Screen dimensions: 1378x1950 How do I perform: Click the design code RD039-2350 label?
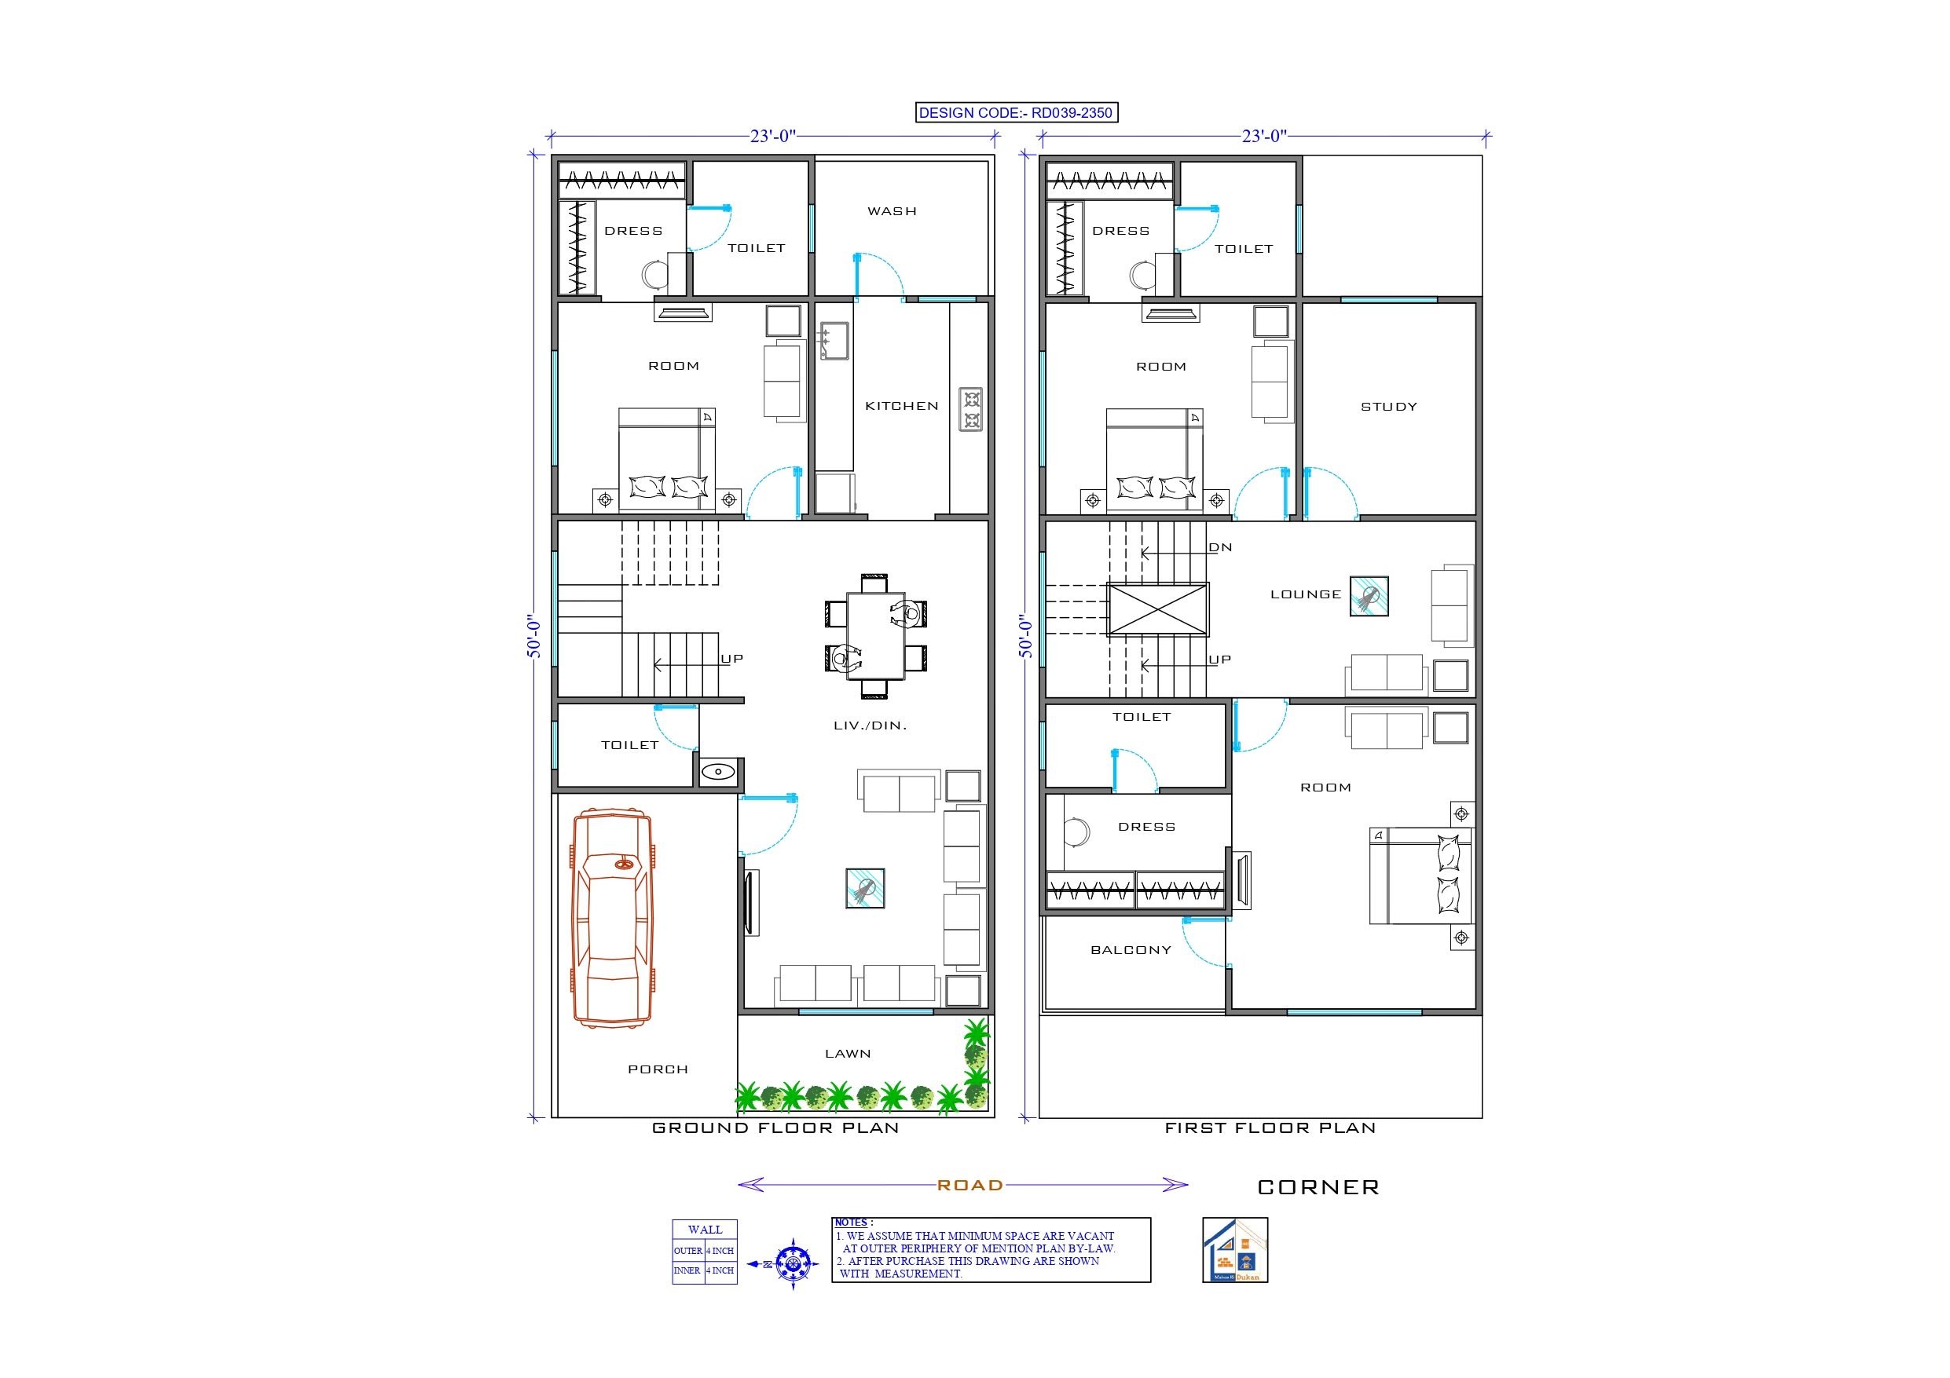(1016, 113)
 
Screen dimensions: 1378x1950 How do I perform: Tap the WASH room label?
(892, 211)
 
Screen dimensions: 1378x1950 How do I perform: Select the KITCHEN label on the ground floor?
(901, 406)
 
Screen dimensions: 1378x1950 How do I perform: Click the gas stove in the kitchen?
(971, 409)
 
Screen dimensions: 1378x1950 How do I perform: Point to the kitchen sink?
(834, 341)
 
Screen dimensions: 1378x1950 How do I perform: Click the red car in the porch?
(612, 918)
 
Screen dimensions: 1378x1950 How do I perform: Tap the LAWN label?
(848, 1054)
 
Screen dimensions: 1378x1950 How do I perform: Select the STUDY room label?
(1388, 407)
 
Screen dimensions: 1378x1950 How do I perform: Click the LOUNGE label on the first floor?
(1306, 594)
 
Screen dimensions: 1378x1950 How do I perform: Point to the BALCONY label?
(1131, 950)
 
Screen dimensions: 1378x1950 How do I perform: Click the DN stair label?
(1220, 547)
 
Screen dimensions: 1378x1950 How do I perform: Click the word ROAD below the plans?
(970, 1186)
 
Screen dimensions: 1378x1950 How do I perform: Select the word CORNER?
(1318, 1187)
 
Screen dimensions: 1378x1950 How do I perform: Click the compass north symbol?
(793, 1264)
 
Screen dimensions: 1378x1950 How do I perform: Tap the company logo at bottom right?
(1235, 1250)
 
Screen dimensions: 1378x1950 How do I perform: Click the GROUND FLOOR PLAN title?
(775, 1128)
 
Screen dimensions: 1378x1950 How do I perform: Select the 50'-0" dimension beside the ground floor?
(533, 636)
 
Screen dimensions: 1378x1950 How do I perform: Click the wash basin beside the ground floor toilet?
(719, 772)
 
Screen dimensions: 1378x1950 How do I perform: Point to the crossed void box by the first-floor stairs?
(1157, 609)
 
